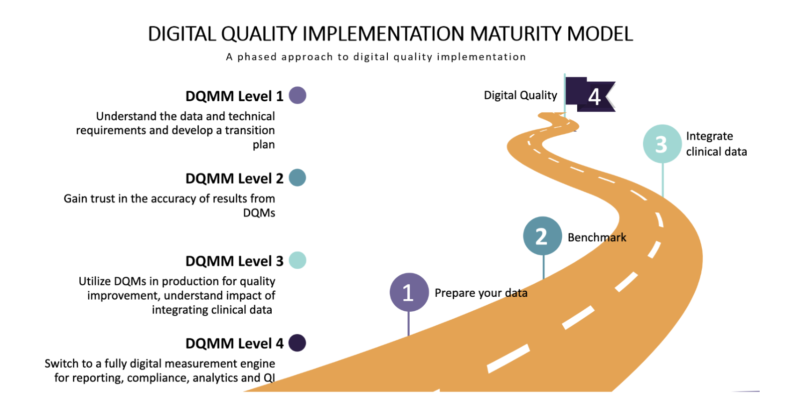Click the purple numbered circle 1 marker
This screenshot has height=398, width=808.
[409, 292]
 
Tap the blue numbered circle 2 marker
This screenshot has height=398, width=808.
[542, 236]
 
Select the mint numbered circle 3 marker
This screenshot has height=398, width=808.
[662, 144]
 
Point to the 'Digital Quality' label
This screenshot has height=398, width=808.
[520, 95]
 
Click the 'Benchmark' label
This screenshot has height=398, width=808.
[597, 237]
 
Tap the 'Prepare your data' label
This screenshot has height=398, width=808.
[481, 293]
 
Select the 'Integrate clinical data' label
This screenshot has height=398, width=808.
[716, 144]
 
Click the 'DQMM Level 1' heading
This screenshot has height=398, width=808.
[234, 96]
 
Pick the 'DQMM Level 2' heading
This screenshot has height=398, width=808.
[234, 179]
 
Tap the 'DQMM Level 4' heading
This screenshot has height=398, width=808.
[234, 344]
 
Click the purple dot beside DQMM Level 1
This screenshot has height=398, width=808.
[298, 95]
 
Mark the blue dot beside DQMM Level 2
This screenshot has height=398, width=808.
[298, 178]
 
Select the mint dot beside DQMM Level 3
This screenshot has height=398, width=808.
[298, 260]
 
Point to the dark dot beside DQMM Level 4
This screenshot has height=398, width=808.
[298, 343]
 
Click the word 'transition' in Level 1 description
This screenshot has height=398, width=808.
[250, 130]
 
